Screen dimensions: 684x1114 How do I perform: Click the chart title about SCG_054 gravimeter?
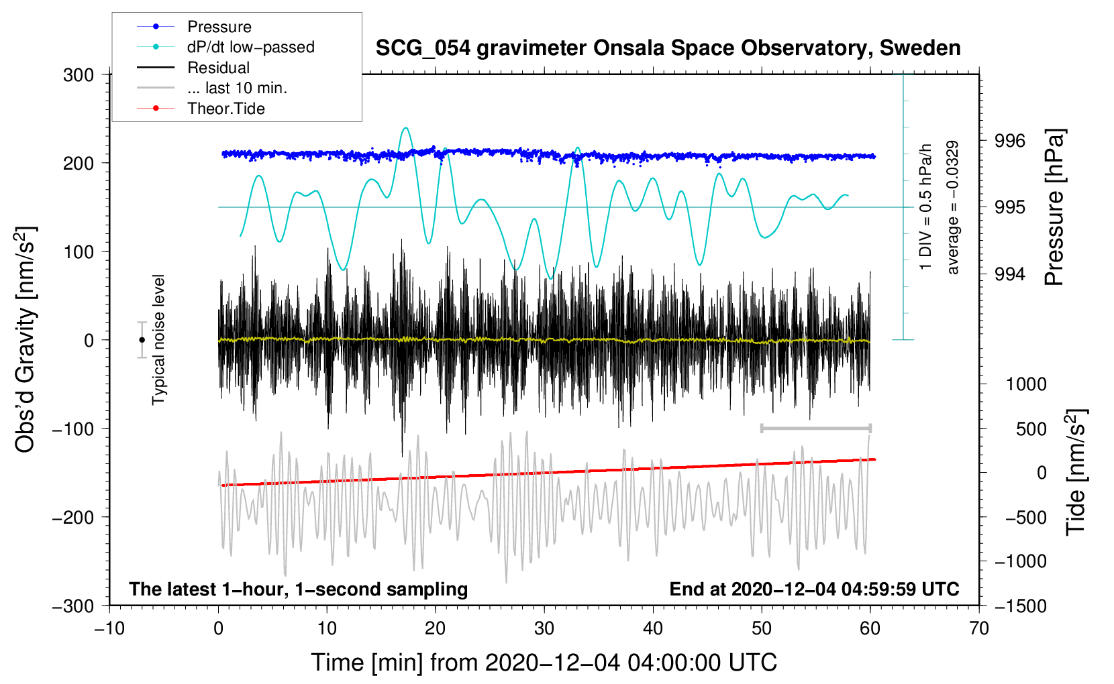pyautogui.click(x=668, y=48)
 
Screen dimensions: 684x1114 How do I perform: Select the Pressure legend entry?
pyautogui.click(x=219, y=27)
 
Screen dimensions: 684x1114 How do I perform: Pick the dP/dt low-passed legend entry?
pyautogui.click(x=250, y=47)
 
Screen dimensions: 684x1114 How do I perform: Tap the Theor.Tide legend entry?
pyautogui.click(x=226, y=109)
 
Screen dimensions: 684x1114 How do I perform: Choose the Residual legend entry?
pyautogui.click(x=218, y=68)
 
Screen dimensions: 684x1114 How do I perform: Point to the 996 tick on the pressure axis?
pyautogui.click(x=1010, y=141)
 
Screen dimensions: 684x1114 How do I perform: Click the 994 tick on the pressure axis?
pyautogui.click(x=1010, y=274)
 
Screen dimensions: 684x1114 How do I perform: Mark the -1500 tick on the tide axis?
pyautogui.click(x=1021, y=606)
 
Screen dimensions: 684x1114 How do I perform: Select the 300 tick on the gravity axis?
pyautogui.click(x=79, y=74)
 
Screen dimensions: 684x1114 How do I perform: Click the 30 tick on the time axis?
pyautogui.click(x=544, y=628)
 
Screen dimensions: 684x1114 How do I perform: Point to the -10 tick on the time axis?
pyautogui.click(x=109, y=628)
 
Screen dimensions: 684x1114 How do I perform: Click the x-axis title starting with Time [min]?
pyautogui.click(x=544, y=663)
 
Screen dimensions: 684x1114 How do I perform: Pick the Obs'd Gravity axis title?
pyautogui.click(x=26, y=340)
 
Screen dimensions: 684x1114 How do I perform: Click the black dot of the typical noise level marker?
pyautogui.click(x=142, y=340)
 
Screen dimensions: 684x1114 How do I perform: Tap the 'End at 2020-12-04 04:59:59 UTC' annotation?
pyautogui.click(x=814, y=589)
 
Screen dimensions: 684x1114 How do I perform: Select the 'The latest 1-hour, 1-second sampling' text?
pyautogui.click(x=298, y=589)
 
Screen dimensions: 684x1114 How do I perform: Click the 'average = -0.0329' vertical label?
pyautogui.click(x=952, y=208)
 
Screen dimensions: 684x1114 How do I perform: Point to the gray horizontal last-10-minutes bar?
pyautogui.click(x=815, y=428)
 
